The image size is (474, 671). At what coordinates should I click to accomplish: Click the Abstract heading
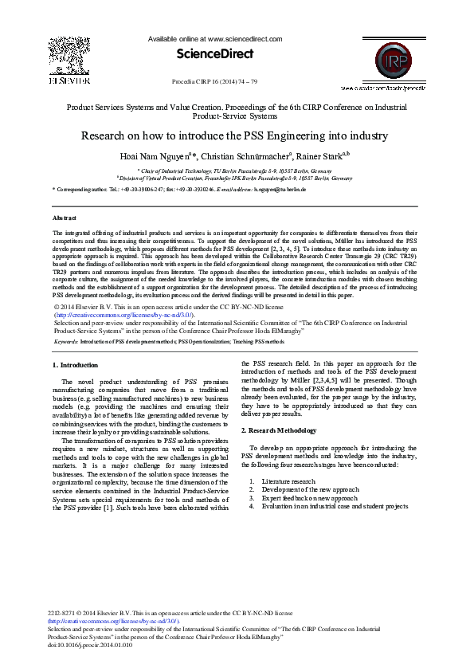[65, 218]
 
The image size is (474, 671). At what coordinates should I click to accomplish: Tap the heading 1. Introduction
[76, 364]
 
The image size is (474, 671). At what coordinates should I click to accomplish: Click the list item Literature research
[288, 481]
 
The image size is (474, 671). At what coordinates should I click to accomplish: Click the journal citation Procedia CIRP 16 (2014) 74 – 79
[215, 82]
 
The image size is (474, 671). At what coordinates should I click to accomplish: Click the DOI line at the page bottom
[91, 645]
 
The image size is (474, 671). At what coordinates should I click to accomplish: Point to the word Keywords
[66, 340]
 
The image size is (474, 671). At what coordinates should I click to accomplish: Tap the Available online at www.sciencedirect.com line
[216, 38]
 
